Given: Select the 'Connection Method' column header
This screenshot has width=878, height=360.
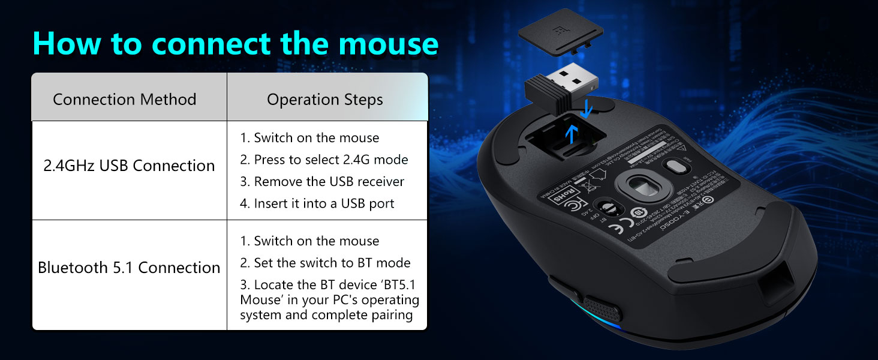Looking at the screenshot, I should tap(125, 99).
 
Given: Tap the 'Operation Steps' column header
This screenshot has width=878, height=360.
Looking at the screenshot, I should tap(325, 99).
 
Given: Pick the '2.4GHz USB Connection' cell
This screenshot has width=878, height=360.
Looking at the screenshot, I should tap(129, 166).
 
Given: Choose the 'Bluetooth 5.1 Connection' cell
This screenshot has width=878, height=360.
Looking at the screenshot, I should tap(129, 268).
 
